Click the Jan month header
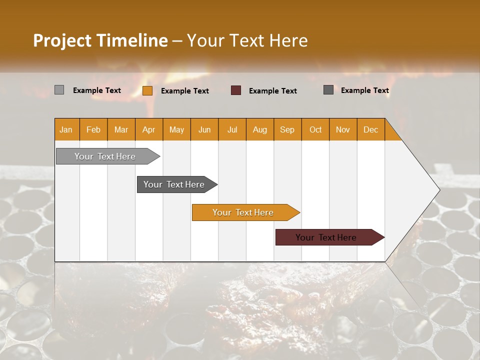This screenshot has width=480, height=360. tap(66, 129)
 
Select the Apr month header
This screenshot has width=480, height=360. tap(148, 129)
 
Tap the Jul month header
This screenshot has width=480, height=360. tap(232, 129)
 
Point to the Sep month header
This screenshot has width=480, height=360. tap(287, 129)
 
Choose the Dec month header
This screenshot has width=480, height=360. tap(370, 129)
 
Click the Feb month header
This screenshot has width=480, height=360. tap(93, 129)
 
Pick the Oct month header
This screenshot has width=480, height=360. tap(315, 129)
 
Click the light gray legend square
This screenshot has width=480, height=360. tap(59, 90)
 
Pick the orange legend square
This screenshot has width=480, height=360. tap(147, 90)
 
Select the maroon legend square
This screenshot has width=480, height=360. tap(236, 90)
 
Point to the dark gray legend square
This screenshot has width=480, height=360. tap(328, 90)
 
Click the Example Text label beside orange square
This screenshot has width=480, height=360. tap(184, 91)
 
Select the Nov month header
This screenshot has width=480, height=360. tap(342, 129)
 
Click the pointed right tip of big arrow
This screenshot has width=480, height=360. tap(438, 190)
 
